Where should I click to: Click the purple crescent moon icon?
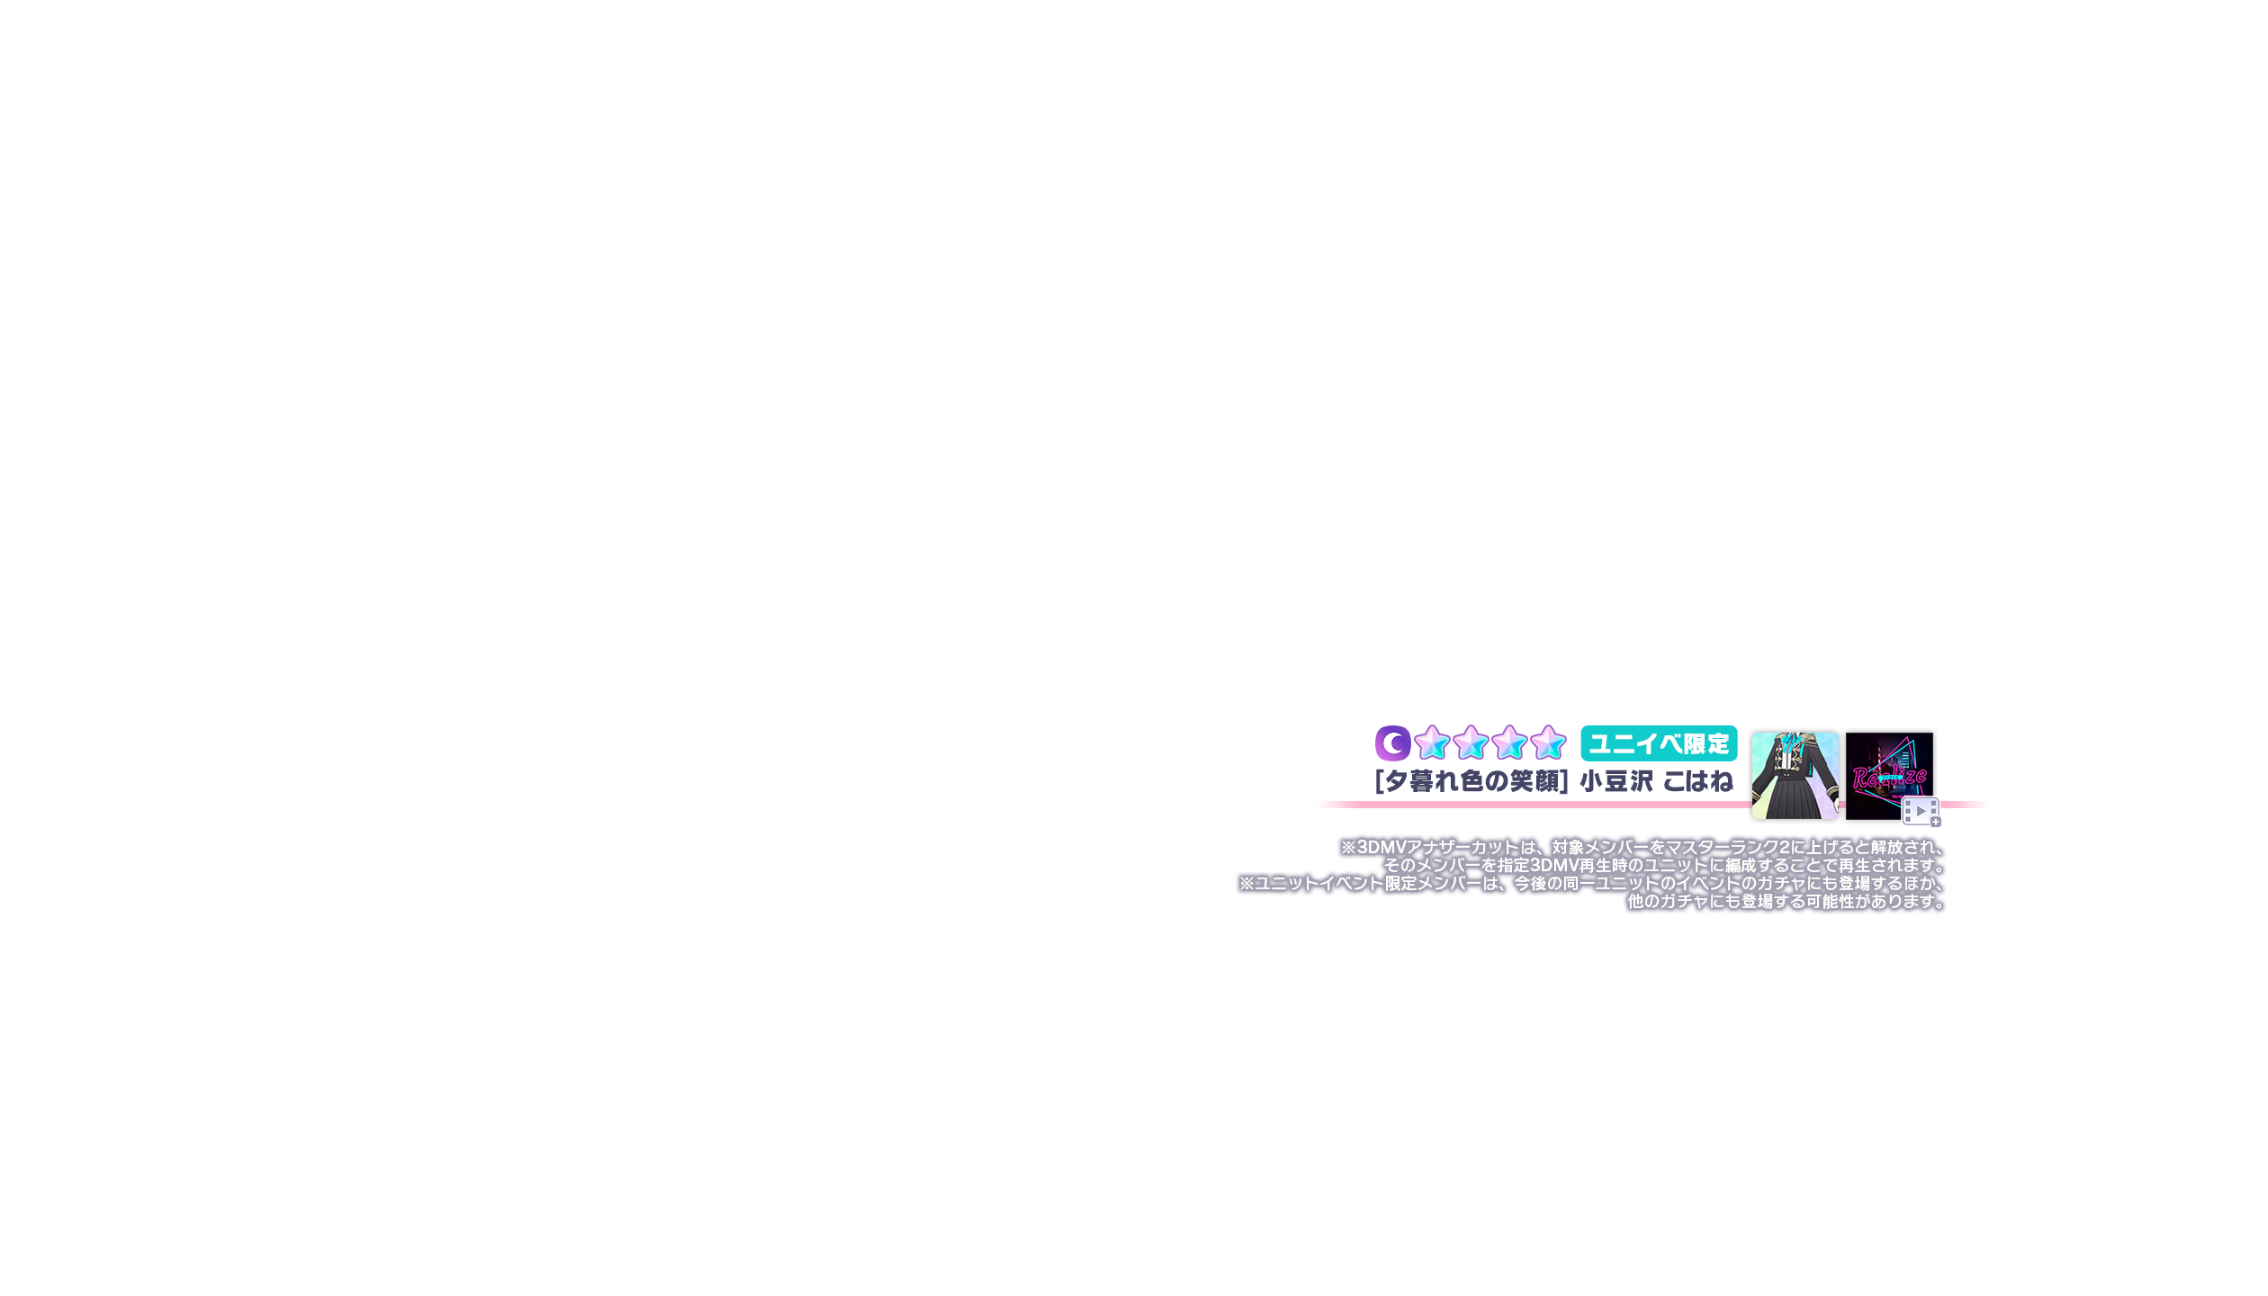point(1392,743)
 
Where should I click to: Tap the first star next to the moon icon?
point(1432,743)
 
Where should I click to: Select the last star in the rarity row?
point(1548,743)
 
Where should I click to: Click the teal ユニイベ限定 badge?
point(1659,743)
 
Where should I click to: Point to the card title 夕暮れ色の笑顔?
point(1471,781)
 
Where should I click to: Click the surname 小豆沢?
point(1616,781)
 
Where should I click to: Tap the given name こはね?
point(1697,781)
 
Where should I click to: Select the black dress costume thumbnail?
point(1795,775)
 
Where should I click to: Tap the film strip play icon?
point(1920,811)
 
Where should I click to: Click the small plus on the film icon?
point(1936,822)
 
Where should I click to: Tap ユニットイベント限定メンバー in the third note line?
point(1368,884)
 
